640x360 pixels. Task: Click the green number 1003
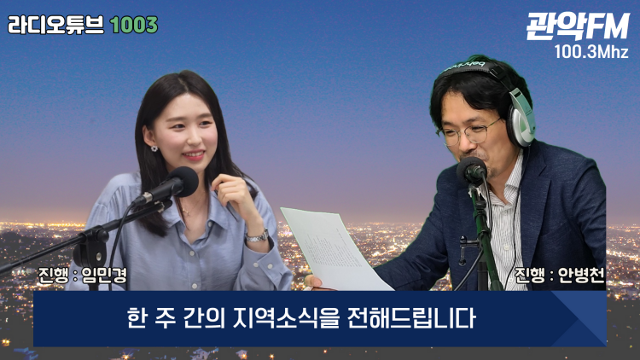tap(133, 26)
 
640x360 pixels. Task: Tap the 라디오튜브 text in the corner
tap(56, 26)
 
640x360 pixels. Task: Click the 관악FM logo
tap(578, 26)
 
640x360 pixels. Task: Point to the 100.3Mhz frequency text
tap(591, 52)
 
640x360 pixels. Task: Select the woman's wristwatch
tap(257, 236)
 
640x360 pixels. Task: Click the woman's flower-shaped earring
tap(154, 148)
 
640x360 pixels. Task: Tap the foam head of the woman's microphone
tap(184, 182)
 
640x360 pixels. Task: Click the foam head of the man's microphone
tap(472, 170)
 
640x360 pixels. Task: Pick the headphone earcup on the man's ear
tap(522, 119)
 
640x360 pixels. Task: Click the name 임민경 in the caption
tap(104, 275)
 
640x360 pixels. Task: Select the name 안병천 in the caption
tap(581, 275)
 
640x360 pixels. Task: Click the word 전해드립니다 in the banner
tap(411, 318)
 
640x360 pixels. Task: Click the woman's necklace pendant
tap(187, 212)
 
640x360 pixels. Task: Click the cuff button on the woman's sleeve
tap(270, 267)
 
